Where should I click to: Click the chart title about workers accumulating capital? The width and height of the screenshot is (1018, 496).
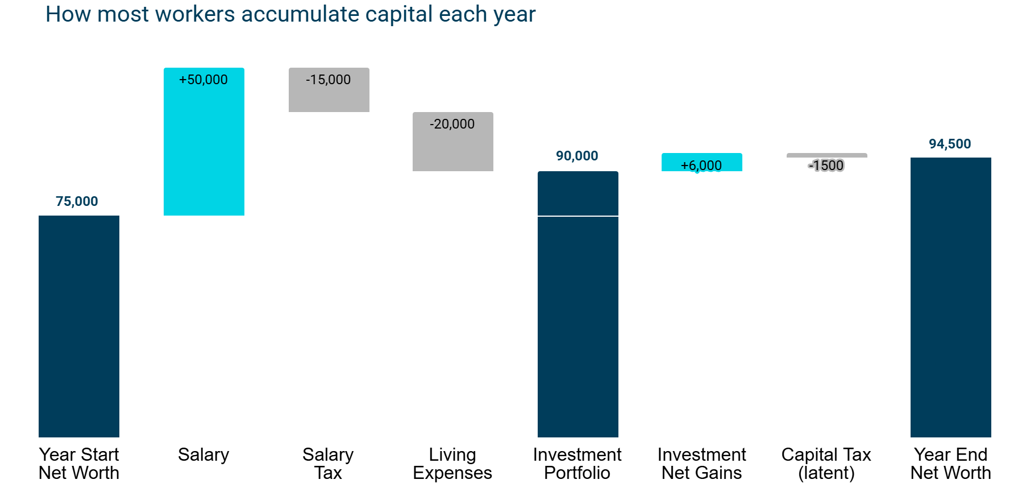pos(290,14)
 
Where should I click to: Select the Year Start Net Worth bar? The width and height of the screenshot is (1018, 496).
pos(79,326)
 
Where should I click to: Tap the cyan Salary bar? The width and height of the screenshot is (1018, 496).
pos(204,142)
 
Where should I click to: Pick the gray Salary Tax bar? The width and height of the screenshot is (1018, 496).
pos(329,90)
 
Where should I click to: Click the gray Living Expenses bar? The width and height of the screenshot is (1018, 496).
pos(453,142)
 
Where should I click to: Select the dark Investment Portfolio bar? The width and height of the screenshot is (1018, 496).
pos(578,304)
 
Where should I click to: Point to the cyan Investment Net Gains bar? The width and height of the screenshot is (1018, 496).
pos(702,162)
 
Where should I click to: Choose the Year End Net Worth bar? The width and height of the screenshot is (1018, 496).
pos(951,297)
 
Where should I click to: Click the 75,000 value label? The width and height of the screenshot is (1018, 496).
pos(77,201)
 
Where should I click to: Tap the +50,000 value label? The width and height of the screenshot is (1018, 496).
pos(203,80)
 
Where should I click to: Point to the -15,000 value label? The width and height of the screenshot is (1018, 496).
pos(329,80)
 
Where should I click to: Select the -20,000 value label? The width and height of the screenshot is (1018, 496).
pos(452,124)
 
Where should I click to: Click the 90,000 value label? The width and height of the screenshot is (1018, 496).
pos(577,156)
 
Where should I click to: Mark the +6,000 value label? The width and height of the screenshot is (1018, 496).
pos(701,166)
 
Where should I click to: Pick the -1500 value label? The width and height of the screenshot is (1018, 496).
pos(826,166)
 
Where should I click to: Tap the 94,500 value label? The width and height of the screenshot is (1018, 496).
pos(950,144)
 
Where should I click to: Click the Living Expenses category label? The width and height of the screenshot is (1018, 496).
pos(452,464)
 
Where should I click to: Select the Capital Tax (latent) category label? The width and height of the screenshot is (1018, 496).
pos(826,464)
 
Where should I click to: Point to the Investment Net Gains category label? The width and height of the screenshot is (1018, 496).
pos(702,464)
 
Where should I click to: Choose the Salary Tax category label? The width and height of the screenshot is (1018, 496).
pos(328,464)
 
